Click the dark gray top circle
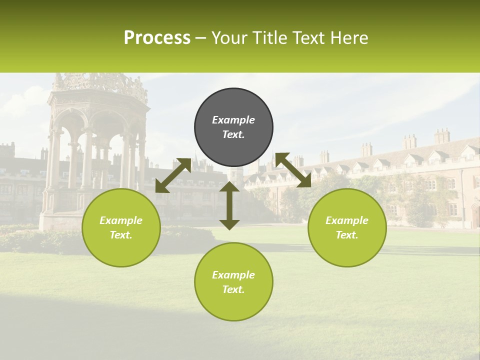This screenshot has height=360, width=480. pyautogui.click(x=233, y=127)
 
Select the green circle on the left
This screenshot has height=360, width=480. pyautogui.click(x=121, y=228)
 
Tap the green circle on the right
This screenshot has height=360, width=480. pyautogui.click(x=347, y=228)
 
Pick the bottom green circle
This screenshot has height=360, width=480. pyautogui.click(x=233, y=282)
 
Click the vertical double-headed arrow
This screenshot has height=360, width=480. pyautogui.click(x=229, y=205)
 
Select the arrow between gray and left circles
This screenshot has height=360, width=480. pyautogui.click(x=173, y=175)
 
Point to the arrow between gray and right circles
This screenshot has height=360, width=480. pyautogui.click(x=293, y=170)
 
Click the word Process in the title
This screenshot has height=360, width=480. pyautogui.click(x=157, y=38)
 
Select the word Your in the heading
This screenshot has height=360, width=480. pyautogui.click(x=228, y=38)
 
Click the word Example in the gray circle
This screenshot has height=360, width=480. pyautogui.click(x=233, y=120)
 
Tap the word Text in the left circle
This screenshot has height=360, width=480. pyautogui.click(x=120, y=235)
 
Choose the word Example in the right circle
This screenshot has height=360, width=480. pyautogui.click(x=347, y=220)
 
